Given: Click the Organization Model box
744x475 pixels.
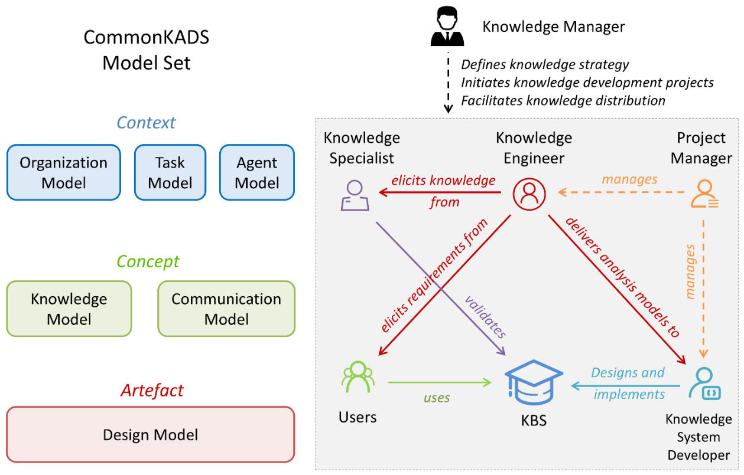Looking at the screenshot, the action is [64, 172].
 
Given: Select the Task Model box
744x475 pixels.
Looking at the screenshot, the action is [170, 172].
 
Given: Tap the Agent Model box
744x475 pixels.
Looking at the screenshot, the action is [256, 172].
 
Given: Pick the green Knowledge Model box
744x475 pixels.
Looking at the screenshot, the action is [69, 309].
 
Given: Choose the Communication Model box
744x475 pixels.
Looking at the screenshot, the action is [226, 309].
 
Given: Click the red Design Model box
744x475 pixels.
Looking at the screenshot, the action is [151, 434].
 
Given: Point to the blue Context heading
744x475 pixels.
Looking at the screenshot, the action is [146, 123].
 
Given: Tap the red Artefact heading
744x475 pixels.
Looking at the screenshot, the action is [152, 391].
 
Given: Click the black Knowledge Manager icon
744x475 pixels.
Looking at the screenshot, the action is [447, 27].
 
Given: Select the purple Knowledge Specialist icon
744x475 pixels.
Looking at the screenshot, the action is [355, 195].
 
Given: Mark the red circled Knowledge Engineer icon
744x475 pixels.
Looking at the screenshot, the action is [529, 194].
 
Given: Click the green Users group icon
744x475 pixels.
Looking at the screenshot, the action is [358, 376].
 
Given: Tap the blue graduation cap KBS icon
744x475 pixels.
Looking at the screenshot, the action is [534, 382].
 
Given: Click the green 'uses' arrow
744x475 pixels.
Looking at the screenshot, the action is [440, 382].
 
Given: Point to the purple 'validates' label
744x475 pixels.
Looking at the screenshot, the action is [485, 317].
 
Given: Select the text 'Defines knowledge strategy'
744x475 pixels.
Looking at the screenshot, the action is [545, 64].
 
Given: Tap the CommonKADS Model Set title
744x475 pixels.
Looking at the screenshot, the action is [146, 50].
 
